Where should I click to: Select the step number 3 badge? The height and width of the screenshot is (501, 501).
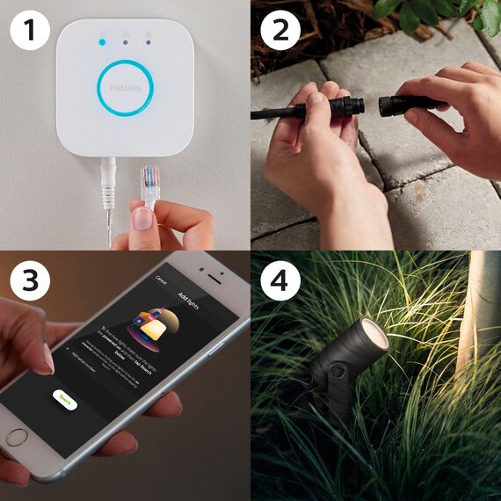(x=28, y=280)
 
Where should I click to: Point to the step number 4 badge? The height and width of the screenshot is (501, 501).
(x=280, y=280)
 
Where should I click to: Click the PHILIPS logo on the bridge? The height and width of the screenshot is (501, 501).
(x=124, y=90)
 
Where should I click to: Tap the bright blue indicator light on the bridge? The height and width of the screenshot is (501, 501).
(x=103, y=40)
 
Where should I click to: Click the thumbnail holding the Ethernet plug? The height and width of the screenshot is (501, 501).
(x=142, y=220)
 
